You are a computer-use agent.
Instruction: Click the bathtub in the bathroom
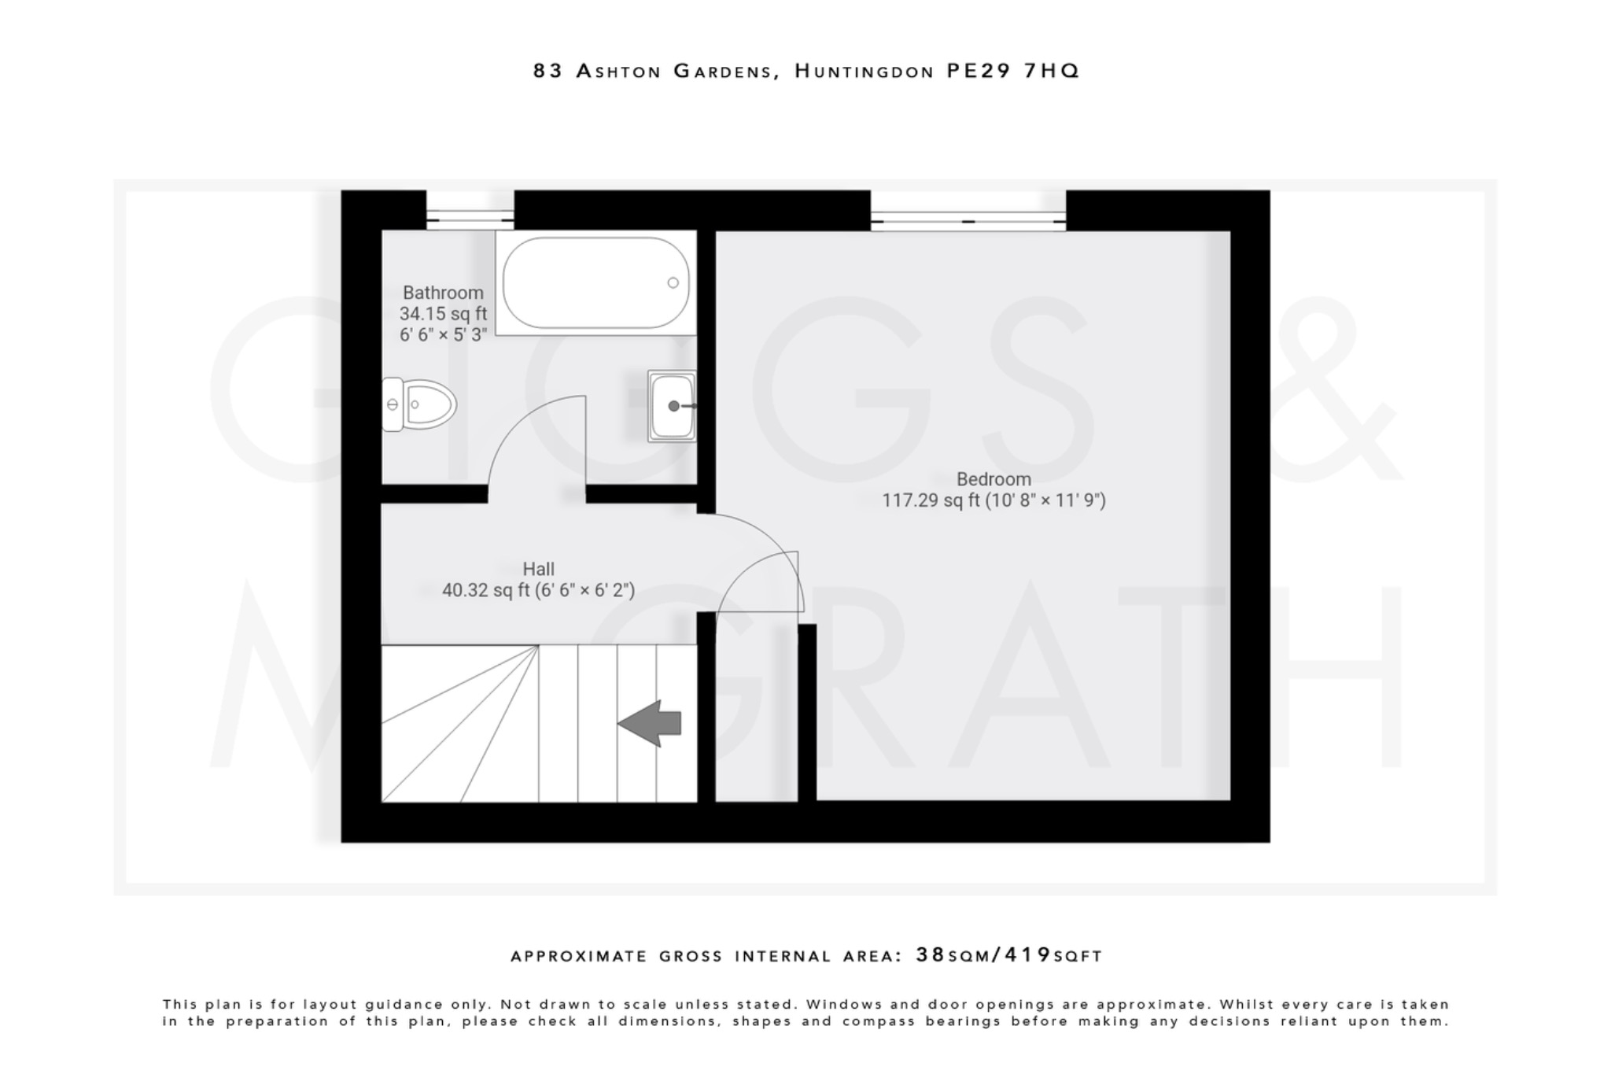595,283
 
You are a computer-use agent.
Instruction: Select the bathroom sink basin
671,406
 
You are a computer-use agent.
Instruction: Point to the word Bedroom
994,479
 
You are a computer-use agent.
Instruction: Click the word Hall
538,569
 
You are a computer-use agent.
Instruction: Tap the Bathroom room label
443,293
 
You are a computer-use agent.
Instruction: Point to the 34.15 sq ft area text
443,314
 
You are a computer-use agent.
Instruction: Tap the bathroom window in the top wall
470,211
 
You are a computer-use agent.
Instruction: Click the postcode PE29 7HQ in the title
1012,71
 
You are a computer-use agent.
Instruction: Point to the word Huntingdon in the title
863,72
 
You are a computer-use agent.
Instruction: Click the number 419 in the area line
1028,955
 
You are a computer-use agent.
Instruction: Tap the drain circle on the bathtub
673,282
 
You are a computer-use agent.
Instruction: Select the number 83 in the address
548,71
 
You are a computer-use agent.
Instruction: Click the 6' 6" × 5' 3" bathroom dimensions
443,335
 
